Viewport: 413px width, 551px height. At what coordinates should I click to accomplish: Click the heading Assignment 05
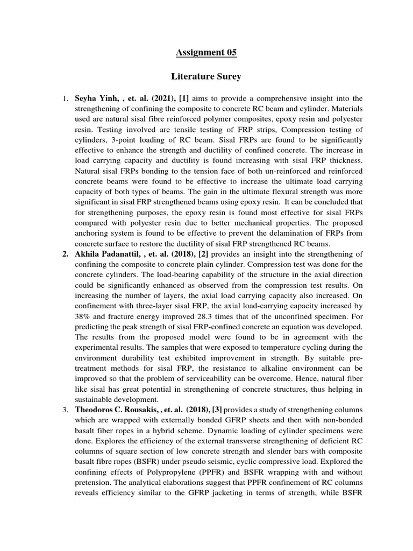(x=206, y=52)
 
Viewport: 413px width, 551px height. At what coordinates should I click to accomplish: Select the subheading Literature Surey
(x=206, y=77)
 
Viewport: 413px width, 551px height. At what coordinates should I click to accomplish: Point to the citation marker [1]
(x=191, y=98)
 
